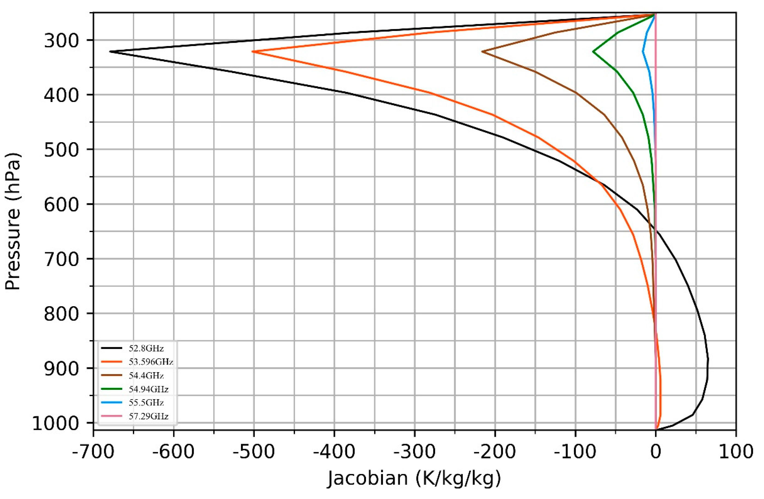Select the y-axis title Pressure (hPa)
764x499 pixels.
14,222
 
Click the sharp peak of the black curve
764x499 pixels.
110,51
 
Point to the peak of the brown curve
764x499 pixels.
482,51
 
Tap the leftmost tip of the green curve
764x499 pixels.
593,51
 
